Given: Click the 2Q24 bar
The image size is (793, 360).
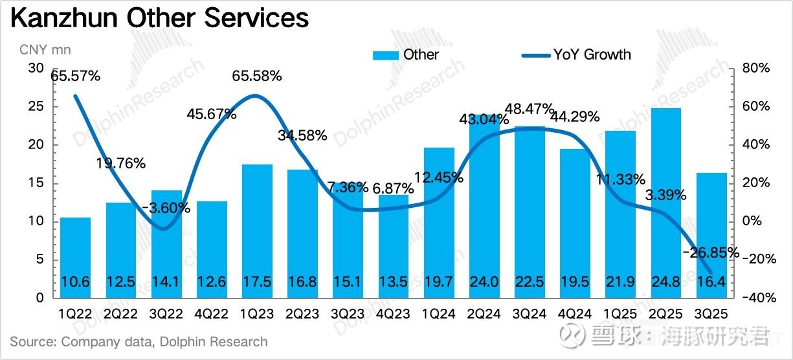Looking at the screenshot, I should coord(484,207).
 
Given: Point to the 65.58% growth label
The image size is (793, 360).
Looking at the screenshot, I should coord(257,76).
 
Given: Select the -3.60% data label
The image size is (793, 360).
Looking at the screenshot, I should coord(166,208).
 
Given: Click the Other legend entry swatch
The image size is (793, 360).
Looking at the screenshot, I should coord(386,55).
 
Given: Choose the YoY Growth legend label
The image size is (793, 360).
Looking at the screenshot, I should coord(592,54).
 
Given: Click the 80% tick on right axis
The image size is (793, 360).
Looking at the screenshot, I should coord(755,69).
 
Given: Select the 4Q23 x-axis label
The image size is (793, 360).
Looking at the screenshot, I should coord(393,314).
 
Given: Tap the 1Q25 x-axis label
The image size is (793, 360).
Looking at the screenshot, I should coord(620,314).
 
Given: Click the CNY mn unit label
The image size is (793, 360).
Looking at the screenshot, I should coord(45,50).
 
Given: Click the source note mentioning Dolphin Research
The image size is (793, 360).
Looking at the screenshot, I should coord(139,341).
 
